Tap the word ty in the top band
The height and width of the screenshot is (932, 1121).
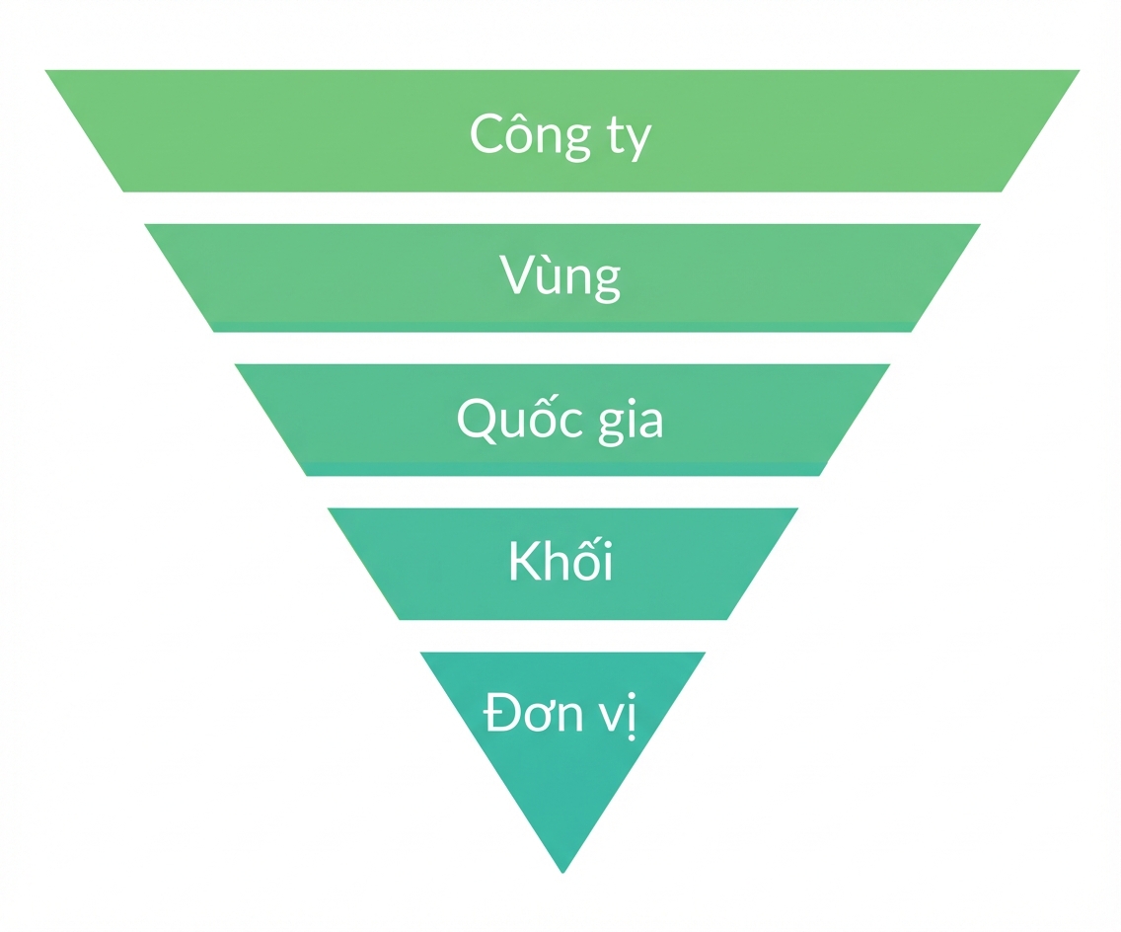click(x=630, y=137)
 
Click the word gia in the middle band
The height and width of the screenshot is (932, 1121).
click(x=631, y=422)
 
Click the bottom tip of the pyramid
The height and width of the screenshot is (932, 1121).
click(x=562, y=873)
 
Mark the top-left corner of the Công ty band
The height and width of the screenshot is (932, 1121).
click(x=45, y=70)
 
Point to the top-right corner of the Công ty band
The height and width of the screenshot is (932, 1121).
click(x=1080, y=70)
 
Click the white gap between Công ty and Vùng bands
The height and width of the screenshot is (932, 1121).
click(x=561, y=208)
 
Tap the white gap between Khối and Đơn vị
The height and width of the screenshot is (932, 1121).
click(x=562, y=636)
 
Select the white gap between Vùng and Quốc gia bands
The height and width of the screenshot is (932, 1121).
click(x=561, y=349)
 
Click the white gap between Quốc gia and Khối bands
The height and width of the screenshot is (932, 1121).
click(x=562, y=492)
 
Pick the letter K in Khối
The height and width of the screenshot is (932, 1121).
click(x=525, y=562)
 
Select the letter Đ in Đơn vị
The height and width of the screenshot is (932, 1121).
click(x=503, y=713)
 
